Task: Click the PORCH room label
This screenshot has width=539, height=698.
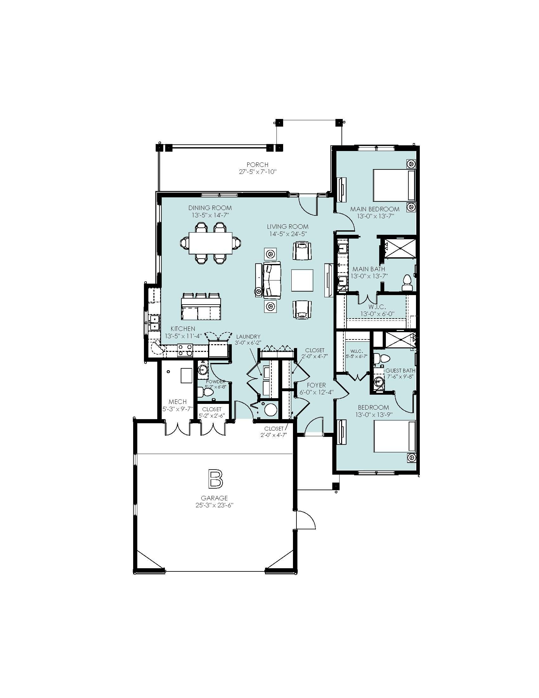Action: click(257, 165)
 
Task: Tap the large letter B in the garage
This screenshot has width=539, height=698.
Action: click(215, 479)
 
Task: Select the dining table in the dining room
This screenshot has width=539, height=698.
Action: click(210, 243)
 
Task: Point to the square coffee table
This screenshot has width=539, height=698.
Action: click(302, 280)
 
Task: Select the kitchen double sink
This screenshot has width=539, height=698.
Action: click(154, 323)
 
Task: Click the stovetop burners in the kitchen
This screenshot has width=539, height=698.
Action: click(185, 350)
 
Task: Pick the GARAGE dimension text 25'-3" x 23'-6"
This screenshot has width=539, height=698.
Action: click(214, 505)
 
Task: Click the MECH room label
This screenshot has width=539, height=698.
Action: click(178, 402)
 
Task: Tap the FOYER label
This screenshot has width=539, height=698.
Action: click(316, 385)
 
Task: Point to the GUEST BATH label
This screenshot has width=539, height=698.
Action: click(400, 370)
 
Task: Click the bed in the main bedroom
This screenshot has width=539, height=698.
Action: click(394, 186)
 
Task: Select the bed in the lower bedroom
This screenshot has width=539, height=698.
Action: click(394, 436)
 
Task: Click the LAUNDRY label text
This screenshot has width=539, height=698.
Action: click(248, 337)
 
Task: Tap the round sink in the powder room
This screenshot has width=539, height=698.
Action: click(203, 370)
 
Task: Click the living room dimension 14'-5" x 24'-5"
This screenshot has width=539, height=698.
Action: click(288, 234)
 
